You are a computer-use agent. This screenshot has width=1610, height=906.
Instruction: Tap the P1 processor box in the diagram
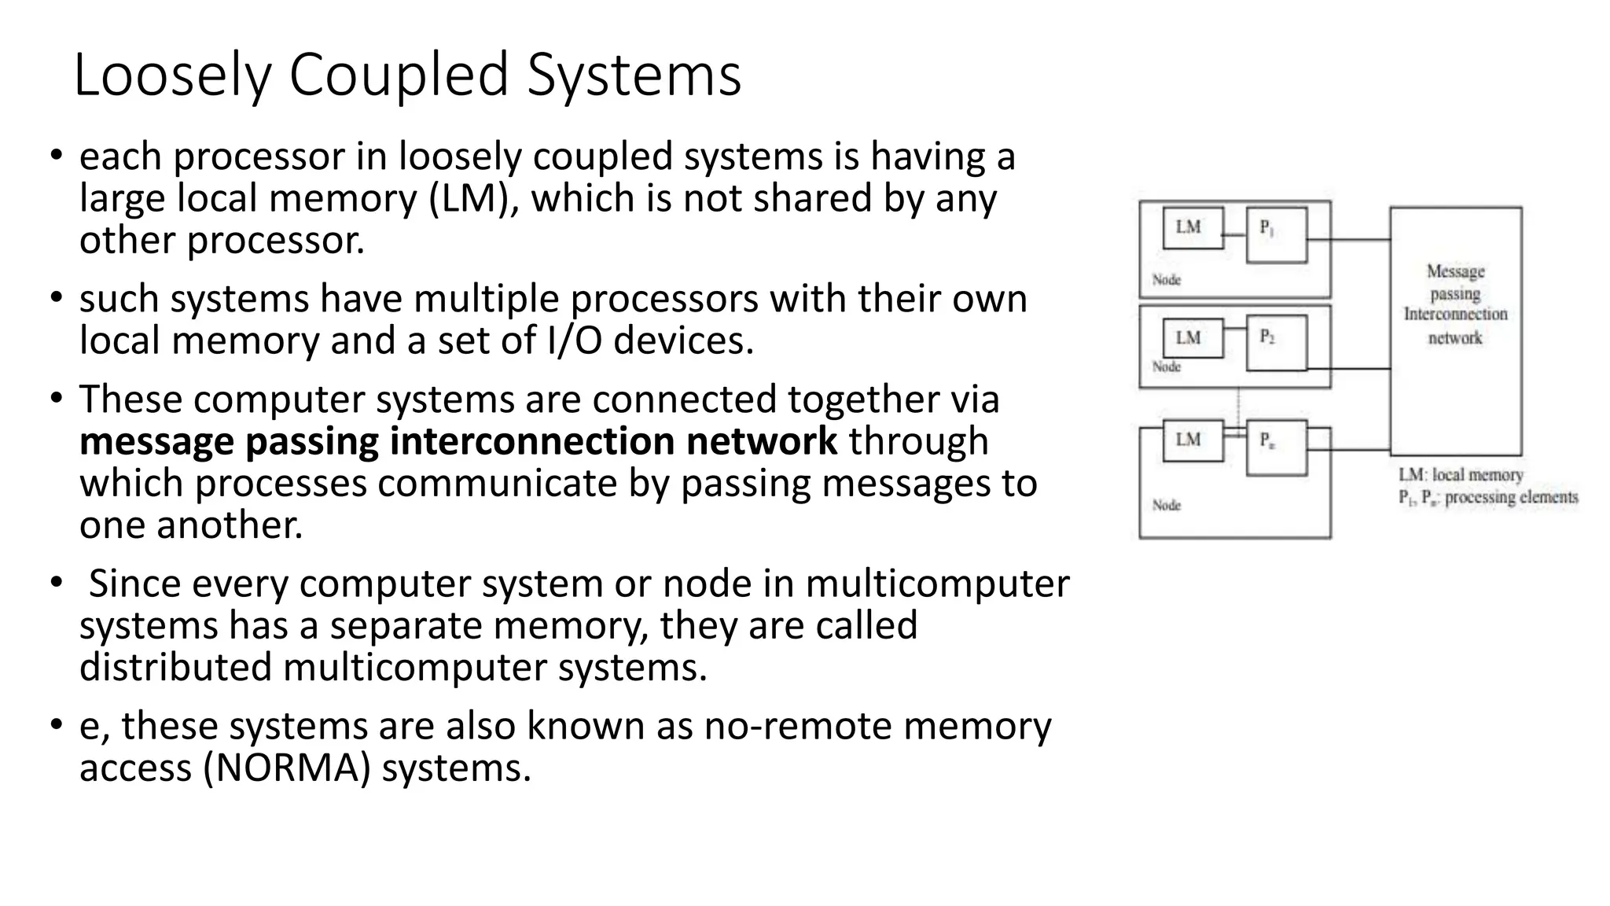click(x=1277, y=234)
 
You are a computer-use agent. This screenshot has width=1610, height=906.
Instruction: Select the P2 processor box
click(x=1277, y=342)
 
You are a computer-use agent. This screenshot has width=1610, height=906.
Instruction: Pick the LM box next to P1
click(x=1193, y=228)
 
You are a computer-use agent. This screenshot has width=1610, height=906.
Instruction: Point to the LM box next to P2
click(x=1193, y=338)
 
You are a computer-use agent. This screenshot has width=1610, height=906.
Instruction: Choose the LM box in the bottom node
click(x=1193, y=440)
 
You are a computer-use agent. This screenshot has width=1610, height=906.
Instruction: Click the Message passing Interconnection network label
click(x=1455, y=304)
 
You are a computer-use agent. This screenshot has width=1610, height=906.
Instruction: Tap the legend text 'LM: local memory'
click(x=1461, y=475)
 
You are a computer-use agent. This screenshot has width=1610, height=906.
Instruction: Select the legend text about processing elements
click(x=1487, y=498)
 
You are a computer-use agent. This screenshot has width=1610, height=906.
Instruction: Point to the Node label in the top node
click(x=1167, y=280)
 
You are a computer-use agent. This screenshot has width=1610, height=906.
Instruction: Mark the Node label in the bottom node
click(x=1167, y=505)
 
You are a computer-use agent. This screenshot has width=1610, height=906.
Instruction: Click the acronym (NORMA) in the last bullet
click(x=287, y=768)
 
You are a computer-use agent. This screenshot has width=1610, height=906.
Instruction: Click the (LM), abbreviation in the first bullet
click(x=475, y=199)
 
